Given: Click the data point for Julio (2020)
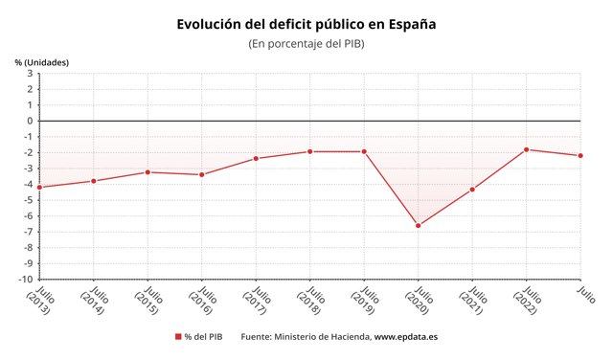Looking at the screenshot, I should click(x=419, y=226).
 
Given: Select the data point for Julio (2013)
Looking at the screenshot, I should click(x=39, y=188).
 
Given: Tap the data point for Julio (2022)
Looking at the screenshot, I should click(x=527, y=149).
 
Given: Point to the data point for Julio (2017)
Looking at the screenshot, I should click(x=256, y=158).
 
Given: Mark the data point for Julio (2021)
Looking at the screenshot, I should click(x=472, y=190).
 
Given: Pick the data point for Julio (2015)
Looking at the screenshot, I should click(x=148, y=172).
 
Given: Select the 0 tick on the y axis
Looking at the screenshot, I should click(x=30, y=121).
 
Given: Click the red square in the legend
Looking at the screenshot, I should click(x=177, y=337).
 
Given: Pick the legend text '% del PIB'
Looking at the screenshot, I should click(x=204, y=337).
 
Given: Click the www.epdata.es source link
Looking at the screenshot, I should click(x=405, y=337).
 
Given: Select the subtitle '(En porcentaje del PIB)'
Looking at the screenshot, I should click(x=306, y=44).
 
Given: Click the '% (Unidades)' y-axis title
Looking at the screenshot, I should click(x=41, y=62).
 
